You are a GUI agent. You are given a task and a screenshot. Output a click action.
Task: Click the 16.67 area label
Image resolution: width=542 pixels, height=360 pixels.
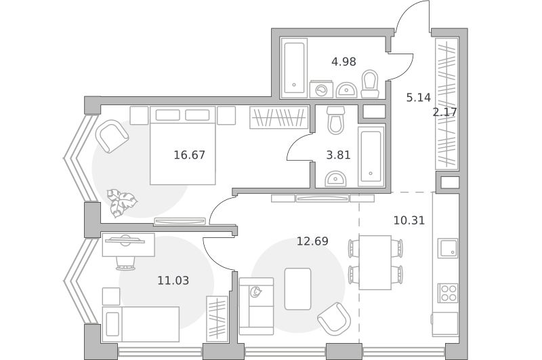[190, 155]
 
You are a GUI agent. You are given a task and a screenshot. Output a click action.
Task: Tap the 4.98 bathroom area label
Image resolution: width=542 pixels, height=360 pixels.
[343, 62]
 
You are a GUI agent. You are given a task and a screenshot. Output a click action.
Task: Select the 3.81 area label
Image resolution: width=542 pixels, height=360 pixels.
[338, 155]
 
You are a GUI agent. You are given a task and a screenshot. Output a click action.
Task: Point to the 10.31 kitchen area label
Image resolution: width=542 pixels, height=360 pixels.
[409, 220]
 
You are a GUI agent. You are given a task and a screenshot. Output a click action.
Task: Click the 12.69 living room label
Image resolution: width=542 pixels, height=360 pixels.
[312, 241]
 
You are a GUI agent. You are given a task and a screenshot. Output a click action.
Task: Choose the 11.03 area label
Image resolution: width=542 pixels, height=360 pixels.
[173, 281]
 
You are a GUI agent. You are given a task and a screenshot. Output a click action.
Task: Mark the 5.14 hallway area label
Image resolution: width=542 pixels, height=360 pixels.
[419, 98]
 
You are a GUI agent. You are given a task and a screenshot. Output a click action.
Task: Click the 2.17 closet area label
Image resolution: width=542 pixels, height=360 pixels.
[445, 112]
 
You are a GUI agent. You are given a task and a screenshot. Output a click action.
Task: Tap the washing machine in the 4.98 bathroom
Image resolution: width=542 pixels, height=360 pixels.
[321, 89]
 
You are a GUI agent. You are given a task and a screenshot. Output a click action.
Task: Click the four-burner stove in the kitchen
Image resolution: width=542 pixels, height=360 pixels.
[448, 293]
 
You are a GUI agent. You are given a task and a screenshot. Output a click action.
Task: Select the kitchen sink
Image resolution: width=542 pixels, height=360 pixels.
[448, 248]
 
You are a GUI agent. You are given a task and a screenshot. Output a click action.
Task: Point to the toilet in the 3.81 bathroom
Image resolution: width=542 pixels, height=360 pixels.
[336, 120]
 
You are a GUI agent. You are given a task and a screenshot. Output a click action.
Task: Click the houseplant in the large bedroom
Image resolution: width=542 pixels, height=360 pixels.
[121, 203]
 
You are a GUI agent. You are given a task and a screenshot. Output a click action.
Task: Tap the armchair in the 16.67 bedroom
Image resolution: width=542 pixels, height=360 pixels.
[112, 136]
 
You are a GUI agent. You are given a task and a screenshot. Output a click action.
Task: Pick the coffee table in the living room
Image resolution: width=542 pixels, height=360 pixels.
[297, 289]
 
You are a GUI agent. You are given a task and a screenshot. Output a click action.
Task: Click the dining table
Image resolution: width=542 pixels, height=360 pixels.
[375, 262]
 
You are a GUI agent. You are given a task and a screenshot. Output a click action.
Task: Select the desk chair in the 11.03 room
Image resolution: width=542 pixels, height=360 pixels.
[125, 262]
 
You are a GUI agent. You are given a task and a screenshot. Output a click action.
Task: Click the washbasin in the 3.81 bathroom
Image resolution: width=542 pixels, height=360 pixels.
[335, 178]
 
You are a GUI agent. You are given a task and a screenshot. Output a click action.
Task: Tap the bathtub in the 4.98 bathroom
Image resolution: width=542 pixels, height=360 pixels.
[294, 68]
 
